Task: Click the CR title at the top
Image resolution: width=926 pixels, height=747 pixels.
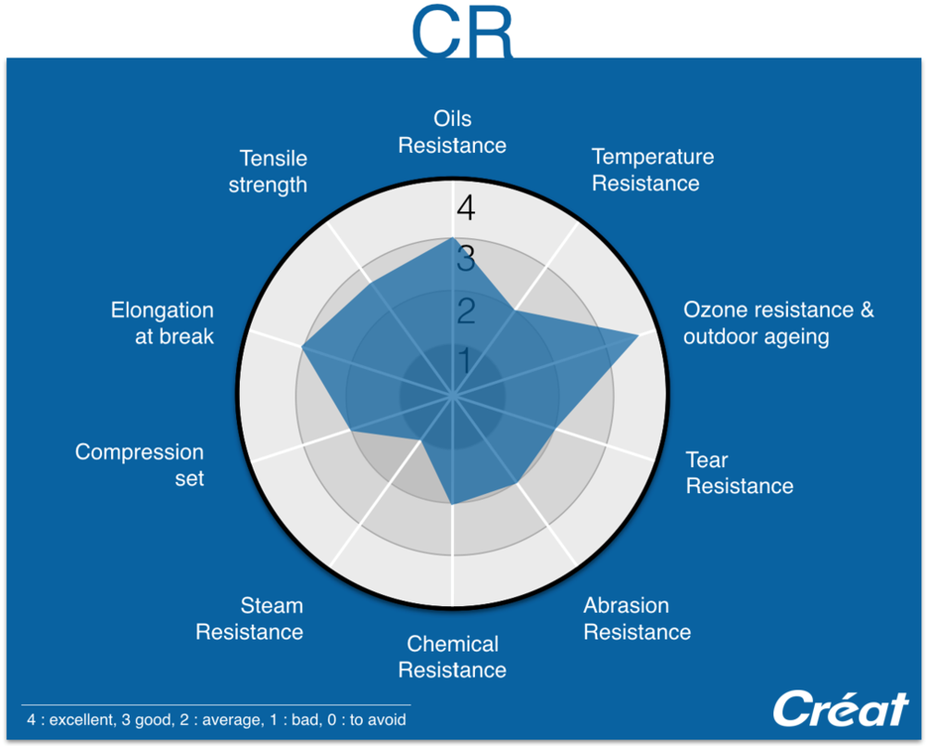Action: pos(462,32)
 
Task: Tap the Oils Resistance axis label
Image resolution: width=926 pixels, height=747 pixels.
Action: pos(453,132)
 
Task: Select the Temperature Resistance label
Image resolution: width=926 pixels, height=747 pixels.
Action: pos(653,170)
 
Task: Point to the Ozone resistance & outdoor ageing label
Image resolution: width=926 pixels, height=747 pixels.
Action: pos(779,323)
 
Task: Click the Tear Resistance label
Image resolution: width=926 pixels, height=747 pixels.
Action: pos(739,473)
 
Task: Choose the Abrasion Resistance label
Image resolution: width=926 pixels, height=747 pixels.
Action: pos(637,619)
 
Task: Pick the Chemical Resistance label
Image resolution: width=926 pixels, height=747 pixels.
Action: pos(453,656)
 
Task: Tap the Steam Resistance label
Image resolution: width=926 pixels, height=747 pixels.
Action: pos(249,619)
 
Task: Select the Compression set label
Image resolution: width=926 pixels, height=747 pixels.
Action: pos(140,464)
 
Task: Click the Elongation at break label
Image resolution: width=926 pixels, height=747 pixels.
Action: pos(162,323)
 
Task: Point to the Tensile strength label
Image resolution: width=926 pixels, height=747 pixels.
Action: pos(269,171)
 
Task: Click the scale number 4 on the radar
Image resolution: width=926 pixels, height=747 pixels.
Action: pos(466,208)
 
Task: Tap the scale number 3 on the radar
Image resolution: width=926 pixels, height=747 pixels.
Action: pos(466,259)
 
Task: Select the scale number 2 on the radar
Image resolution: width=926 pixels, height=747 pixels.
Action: pos(466,310)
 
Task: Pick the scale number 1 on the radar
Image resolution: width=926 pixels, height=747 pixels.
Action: pos(466,361)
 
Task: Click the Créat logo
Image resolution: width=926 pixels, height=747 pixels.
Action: pos(841,708)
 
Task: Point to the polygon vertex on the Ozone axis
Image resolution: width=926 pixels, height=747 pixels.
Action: pos(638,336)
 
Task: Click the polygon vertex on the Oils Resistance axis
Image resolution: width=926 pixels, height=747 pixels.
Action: pos(453,238)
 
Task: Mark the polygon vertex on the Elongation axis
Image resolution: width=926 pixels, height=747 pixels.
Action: pos(303,347)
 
